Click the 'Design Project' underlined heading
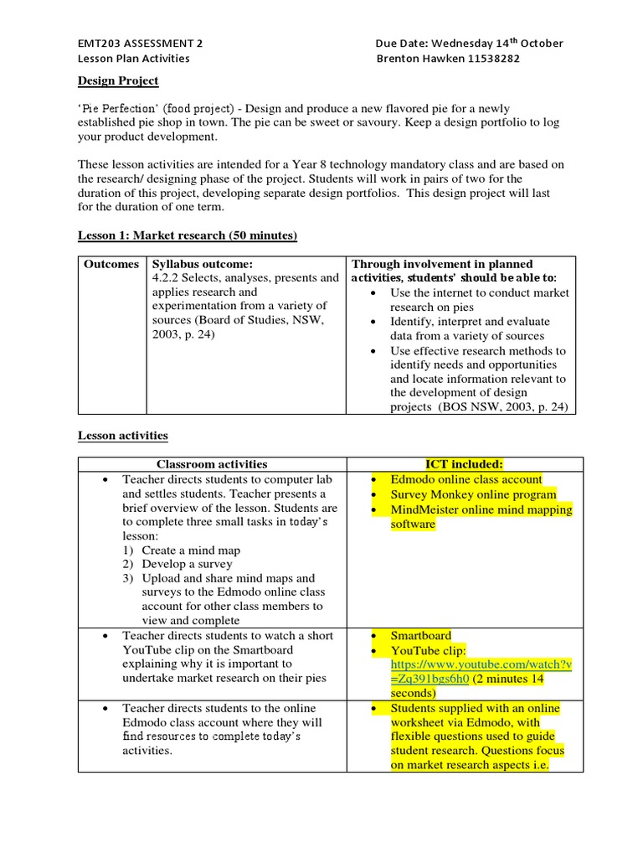(118, 81)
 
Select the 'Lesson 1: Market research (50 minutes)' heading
(188, 236)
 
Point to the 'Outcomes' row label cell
(111, 264)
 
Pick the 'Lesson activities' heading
(123, 436)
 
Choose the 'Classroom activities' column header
(212, 464)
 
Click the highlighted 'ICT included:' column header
(464, 464)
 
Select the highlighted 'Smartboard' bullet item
(423, 636)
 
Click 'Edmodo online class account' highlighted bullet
(466, 479)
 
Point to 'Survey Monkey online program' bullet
(473, 494)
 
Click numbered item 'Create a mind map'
(191, 550)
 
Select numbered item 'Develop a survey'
(187, 565)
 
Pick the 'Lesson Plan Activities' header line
(134, 59)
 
